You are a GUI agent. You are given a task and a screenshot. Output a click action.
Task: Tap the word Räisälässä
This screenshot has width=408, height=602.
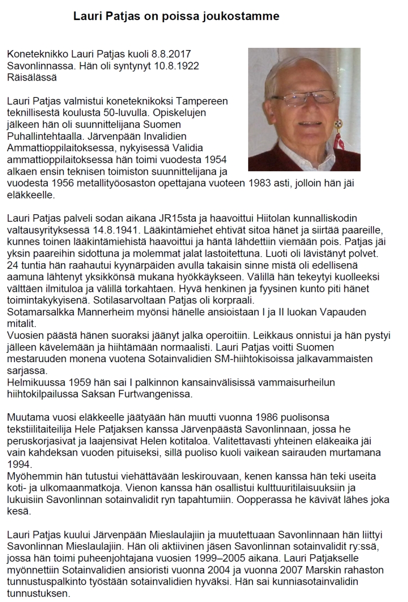click(x=32, y=77)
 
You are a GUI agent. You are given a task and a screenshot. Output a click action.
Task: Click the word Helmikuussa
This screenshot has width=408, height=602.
click(x=33, y=382)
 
